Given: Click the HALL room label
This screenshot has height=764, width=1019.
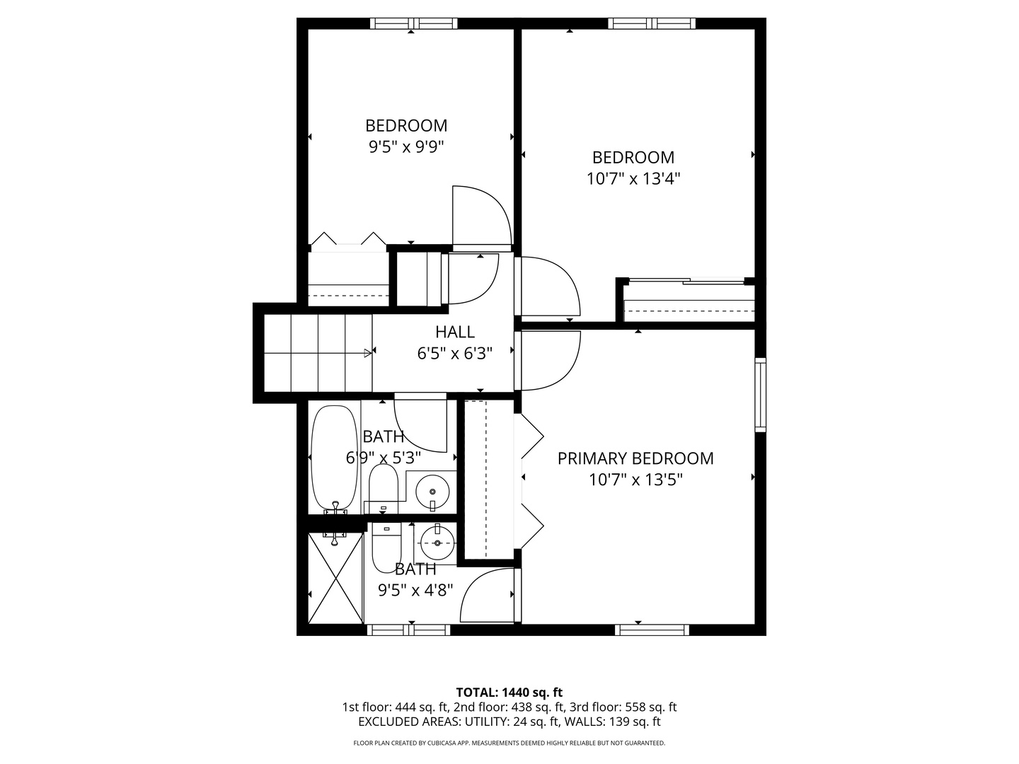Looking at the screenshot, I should (455, 331).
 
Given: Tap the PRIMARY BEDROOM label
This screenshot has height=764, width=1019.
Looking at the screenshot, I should (635, 458).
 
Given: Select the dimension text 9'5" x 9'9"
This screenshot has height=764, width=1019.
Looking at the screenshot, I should (406, 147).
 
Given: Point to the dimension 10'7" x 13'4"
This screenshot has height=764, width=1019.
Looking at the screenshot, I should (633, 178).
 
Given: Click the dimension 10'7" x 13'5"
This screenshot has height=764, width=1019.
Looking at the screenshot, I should (635, 480).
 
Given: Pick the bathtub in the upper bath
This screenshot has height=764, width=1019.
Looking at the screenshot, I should (334, 456).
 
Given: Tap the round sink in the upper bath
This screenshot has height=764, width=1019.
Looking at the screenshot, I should (432, 489).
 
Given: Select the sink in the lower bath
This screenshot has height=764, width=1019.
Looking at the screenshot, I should (437, 543).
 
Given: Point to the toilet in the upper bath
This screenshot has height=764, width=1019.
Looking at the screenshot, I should (384, 487).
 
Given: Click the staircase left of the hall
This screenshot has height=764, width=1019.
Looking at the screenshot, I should (318, 353).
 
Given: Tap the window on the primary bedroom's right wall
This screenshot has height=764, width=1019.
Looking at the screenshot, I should (760, 395).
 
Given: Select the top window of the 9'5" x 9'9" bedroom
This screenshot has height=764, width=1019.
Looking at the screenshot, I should (414, 23).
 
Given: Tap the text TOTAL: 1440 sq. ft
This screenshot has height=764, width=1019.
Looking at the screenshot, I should (509, 692).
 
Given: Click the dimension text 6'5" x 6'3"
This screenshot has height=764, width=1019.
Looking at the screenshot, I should (455, 352).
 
